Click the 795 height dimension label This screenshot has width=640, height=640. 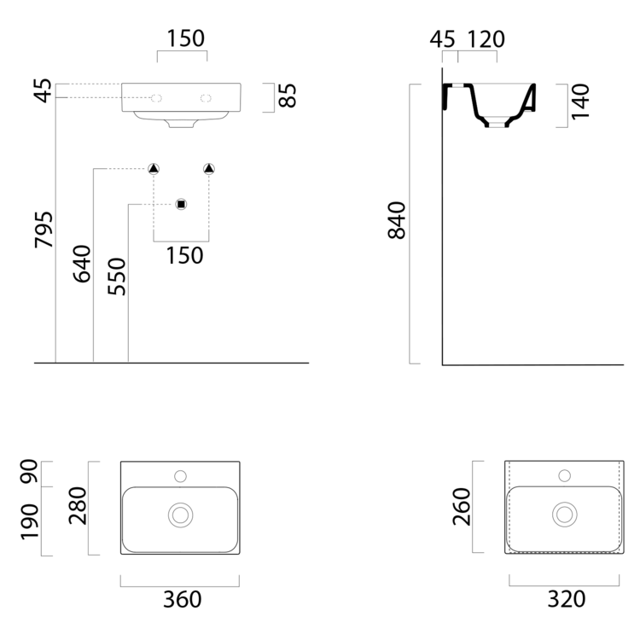44,230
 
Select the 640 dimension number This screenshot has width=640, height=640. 82,264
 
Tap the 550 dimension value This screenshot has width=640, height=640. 117,276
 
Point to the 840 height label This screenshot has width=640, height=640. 397,220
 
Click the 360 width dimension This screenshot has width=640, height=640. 182,600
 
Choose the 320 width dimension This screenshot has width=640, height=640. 566,599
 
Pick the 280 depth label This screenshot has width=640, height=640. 78,506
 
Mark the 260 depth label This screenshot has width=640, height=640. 462,507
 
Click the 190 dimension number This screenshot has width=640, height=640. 30,522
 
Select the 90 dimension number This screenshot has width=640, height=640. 30,471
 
